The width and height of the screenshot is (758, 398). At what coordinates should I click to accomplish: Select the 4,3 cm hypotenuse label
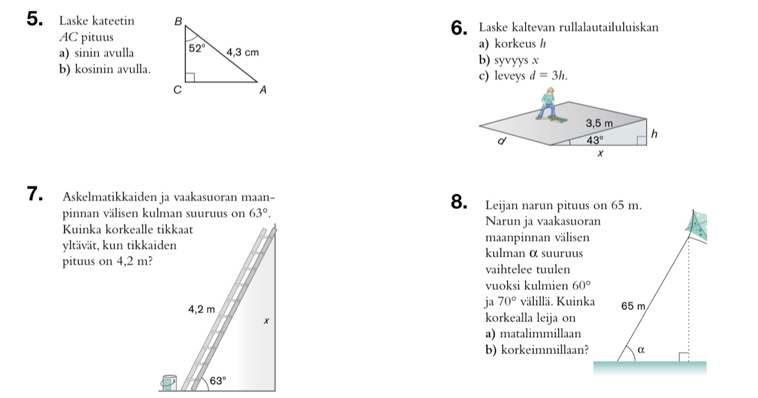[242, 52]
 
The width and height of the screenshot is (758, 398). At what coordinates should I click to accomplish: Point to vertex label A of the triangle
[263, 90]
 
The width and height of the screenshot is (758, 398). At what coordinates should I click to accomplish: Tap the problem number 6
[458, 28]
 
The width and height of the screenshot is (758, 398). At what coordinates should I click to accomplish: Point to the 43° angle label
[595, 139]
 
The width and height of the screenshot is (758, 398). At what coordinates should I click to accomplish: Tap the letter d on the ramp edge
[502, 143]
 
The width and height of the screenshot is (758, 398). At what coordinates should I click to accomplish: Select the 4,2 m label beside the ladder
[201, 309]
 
